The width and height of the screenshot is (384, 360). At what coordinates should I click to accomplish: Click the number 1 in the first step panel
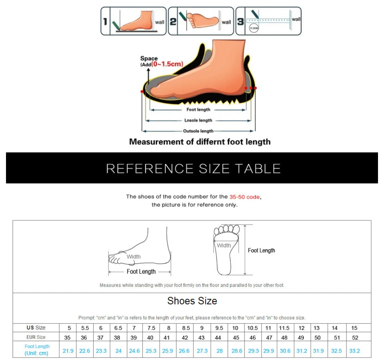pos(105,21)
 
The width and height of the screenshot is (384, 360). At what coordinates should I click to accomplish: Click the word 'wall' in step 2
pos(226,22)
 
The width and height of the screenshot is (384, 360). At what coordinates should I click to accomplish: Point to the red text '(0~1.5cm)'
pos(167,64)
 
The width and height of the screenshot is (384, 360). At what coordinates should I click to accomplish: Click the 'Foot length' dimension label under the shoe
pos(198,110)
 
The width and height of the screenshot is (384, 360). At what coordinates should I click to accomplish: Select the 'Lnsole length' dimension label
pos(198,120)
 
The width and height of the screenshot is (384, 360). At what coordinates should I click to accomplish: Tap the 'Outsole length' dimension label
pos(198,131)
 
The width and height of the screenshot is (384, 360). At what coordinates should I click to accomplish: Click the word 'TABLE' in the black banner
pos(258,168)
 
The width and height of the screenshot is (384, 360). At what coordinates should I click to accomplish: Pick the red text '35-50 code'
pos(245,197)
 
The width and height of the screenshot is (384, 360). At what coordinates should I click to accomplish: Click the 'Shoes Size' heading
pos(192,301)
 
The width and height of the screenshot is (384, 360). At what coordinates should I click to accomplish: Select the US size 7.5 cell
pos(151,328)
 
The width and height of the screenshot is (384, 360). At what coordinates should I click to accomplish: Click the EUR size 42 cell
pos(185,338)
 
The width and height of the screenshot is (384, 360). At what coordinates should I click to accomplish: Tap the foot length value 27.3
pos(202,351)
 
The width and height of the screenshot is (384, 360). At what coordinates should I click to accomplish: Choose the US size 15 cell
pos(354,328)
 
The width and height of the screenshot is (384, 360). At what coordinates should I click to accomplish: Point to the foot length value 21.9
pos(68,351)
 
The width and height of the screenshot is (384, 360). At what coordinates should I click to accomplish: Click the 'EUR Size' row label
pos(36,337)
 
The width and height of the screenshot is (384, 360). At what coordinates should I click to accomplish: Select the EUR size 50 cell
pos(317,338)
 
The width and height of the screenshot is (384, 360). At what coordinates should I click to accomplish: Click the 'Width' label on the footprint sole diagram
pos(224,246)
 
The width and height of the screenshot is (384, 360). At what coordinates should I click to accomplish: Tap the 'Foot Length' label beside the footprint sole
pos(262,250)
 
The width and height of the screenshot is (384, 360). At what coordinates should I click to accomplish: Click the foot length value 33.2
pos(354,351)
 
